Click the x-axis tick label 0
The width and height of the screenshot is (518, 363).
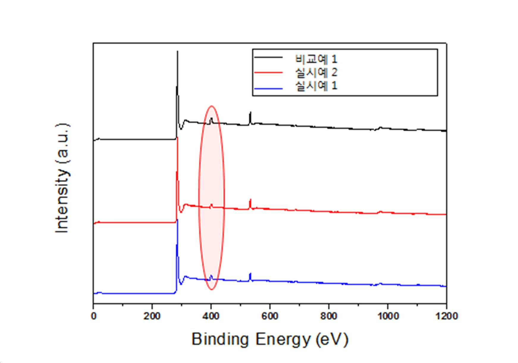click(x=93, y=316)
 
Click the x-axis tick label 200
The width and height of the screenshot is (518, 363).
click(x=152, y=316)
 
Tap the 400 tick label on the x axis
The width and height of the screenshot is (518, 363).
click(x=211, y=316)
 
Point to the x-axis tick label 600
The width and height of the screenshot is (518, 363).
click(x=270, y=316)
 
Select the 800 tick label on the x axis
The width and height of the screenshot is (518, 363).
click(x=329, y=316)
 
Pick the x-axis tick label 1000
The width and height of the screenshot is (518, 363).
click(x=387, y=316)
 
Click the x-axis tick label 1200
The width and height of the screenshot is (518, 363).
click(x=446, y=316)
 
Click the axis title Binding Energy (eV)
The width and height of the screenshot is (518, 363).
click(x=270, y=339)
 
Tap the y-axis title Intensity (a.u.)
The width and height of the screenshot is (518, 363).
click(x=62, y=178)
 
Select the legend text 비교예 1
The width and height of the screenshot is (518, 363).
click(x=316, y=59)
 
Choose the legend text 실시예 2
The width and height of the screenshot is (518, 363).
click(x=316, y=72)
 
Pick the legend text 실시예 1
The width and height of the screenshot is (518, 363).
click(x=316, y=86)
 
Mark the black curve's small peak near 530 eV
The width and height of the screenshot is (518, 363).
click(x=251, y=112)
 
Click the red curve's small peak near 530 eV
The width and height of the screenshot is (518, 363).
click(x=250, y=199)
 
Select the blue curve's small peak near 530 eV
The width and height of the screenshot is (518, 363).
click(x=250, y=273)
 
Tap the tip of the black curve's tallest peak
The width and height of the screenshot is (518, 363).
click(x=178, y=51)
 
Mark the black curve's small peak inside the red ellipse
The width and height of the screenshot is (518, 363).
click(x=211, y=118)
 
